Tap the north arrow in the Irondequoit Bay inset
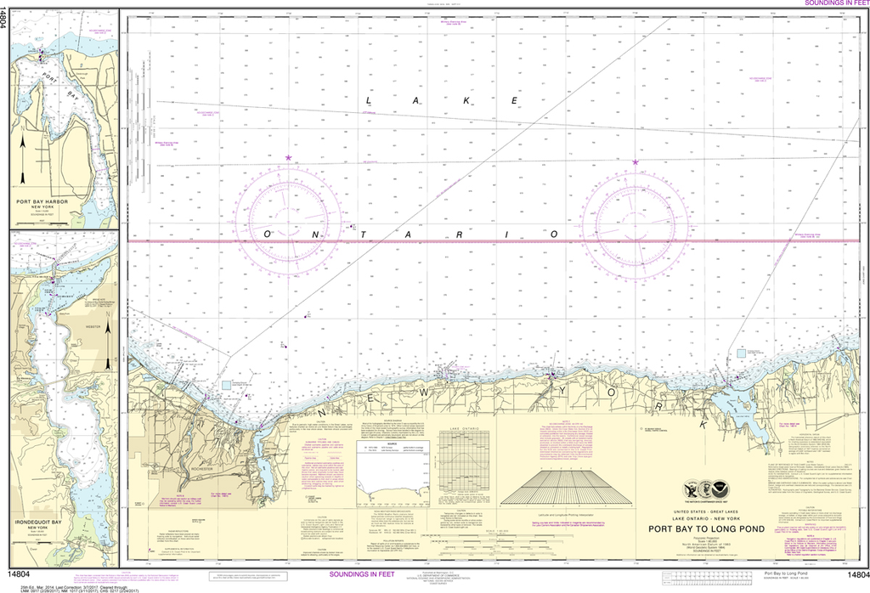click(x=108, y=340)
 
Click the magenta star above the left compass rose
click(x=289, y=158)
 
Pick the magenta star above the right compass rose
click(x=636, y=162)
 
